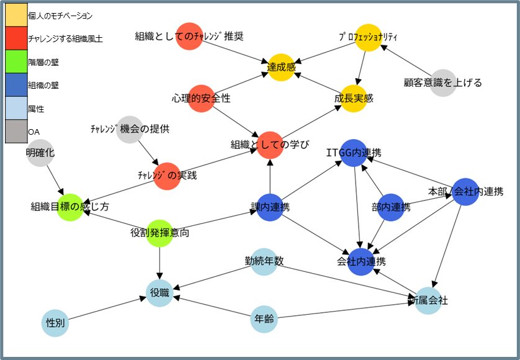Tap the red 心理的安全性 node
click(x=200, y=99)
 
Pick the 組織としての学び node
click(x=270, y=145)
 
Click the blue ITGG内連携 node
click(x=354, y=153)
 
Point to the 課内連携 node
click(x=270, y=207)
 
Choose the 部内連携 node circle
click(x=391, y=207)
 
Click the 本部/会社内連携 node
click(x=465, y=191)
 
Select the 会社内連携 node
click(x=361, y=261)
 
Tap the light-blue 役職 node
click(x=159, y=292)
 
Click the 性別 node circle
click(x=55, y=323)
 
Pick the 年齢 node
click(x=264, y=320)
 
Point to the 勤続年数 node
click(x=264, y=261)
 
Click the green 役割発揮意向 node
click(x=159, y=233)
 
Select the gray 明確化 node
click(x=40, y=152)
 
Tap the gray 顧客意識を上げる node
click(x=442, y=83)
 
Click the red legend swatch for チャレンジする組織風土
click(x=16, y=38)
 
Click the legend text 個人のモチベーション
click(x=60, y=16)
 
